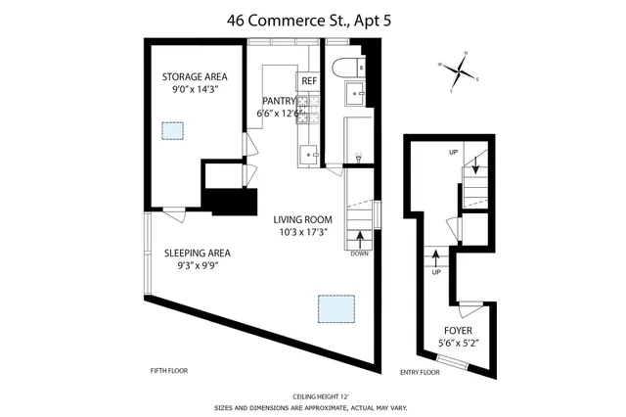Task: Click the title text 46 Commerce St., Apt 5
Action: point(312,18)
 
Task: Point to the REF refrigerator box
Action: point(309,80)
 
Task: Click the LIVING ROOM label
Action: point(303,219)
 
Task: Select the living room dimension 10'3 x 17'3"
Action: point(303,234)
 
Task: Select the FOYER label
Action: point(458,330)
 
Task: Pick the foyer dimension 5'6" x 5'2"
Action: point(458,343)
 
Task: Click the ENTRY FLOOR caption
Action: point(421,371)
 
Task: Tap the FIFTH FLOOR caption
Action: point(168,371)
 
